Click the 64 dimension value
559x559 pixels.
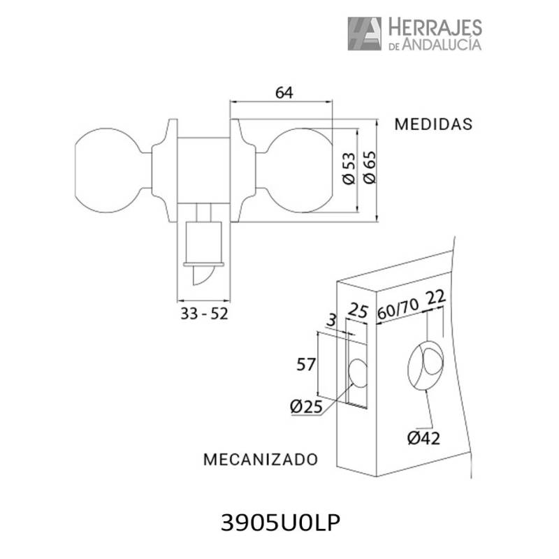click(284, 93)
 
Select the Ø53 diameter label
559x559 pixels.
click(349, 168)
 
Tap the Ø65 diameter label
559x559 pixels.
click(370, 167)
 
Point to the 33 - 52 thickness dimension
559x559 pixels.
click(204, 314)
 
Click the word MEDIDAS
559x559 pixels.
click(433, 124)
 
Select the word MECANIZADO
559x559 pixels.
click(261, 459)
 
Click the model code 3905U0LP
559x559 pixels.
click(281, 523)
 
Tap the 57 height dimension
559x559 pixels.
click(306, 364)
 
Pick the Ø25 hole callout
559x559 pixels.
click(306, 407)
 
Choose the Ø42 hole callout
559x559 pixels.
click(423, 438)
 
